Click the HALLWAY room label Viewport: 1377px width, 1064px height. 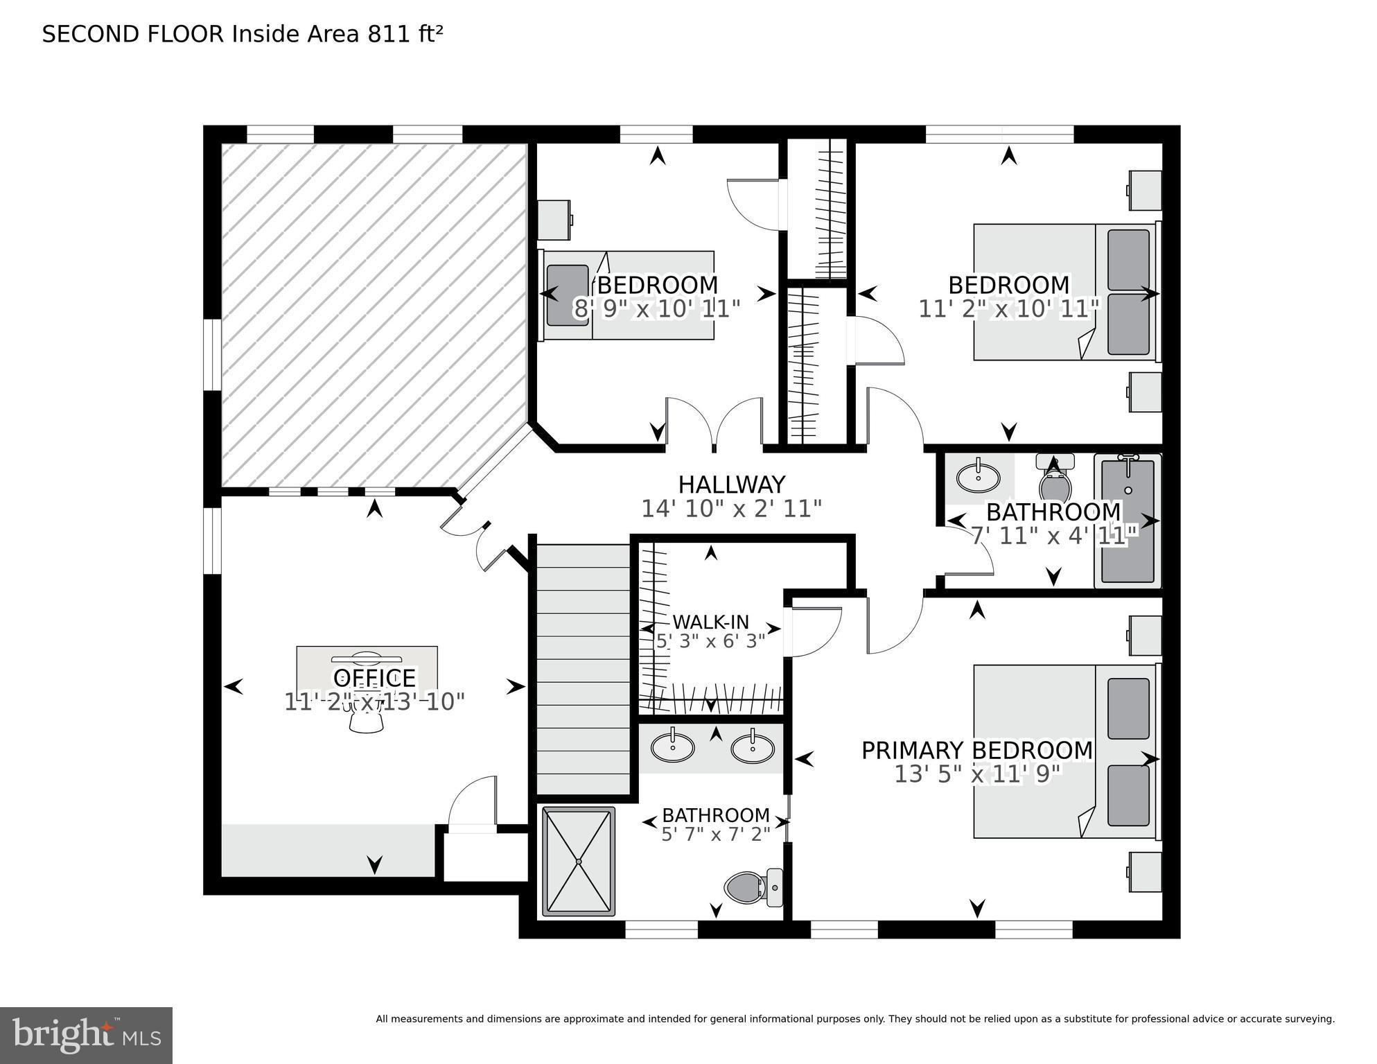click(x=731, y=484)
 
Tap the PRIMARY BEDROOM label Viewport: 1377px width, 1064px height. click(x=976, y=750)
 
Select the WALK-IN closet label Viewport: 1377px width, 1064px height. click(x=710, y=622)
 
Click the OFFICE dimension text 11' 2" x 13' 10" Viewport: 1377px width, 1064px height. click(x=374, y=701)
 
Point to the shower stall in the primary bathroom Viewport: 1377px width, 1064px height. click(x=579, y=861)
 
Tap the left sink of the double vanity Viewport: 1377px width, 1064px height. click(x=672, y=747)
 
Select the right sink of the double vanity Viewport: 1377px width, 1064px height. click(x=753, y=748)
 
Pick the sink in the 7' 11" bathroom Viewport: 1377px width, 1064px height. click(x=978, y=477)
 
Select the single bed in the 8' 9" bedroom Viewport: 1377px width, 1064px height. click(x=627, y=296)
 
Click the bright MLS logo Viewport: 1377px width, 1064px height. click(x=86, y=1035)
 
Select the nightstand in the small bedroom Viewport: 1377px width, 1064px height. click(x=555, y=219)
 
